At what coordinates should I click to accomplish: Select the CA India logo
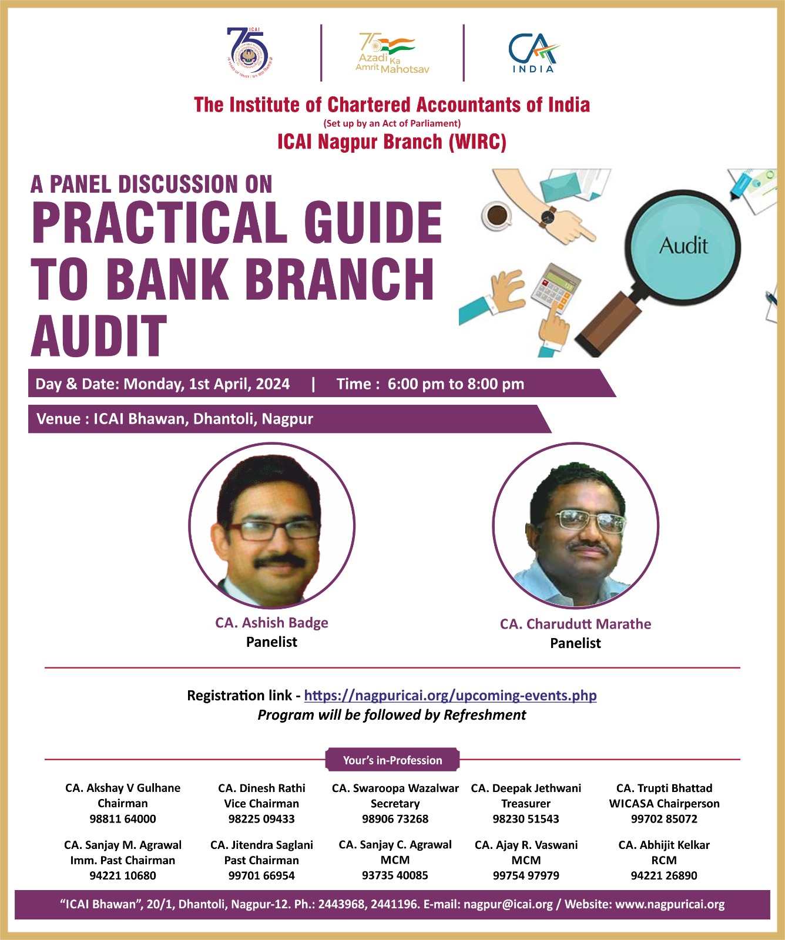(x=534, y=53)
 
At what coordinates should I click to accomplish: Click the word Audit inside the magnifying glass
(x=683, y=246)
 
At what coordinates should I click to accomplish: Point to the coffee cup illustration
(x=497, y=214)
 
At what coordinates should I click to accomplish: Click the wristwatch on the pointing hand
(x=548, y=216)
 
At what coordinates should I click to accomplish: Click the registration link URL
(x=450, y=696)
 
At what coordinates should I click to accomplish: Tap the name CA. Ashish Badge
(x=271, y=623)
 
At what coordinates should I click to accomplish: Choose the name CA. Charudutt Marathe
(x=575, y=624)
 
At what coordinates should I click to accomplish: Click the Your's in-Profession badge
(x=392, y=760)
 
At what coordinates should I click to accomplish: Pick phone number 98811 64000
(x=123, y=819)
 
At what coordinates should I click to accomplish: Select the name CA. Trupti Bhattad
(x=664, y=788)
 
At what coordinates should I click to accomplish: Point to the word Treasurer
(x=526, y=804)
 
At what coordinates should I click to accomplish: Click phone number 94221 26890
(x=664, y=876)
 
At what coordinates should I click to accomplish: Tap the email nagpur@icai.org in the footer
(x=508, y=905)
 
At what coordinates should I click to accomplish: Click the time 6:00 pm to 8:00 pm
(x=455, y=384)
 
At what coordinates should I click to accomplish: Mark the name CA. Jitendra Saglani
(x=261, y=845)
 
